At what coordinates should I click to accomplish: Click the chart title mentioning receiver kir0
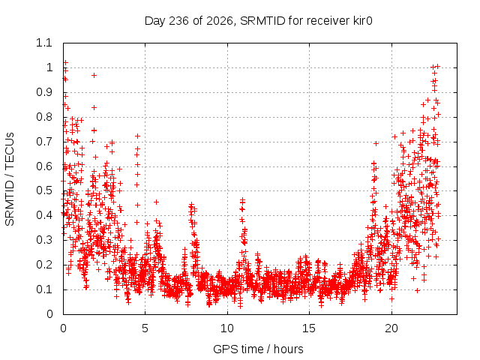pyautogui.click(x=258, y=21)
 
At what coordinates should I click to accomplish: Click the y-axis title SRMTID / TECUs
pyautogui.click(x=10, y=179)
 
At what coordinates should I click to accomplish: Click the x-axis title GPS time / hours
pyautogui.click(x=258, y=349)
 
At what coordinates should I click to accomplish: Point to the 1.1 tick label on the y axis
pyautogui.click(x=44, y=43)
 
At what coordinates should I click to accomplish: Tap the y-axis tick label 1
pyautogui.click(x=49, y=67)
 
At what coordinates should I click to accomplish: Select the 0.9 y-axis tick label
pyautogui.click(x=44, y=92)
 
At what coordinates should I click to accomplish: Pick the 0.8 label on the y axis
pyautogui.click(x=44, y=117)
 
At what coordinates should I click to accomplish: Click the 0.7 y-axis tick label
pyautogui.click(x=44, y=142)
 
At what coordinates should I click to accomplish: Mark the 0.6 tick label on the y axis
pyautogui.click(x=44, y=166)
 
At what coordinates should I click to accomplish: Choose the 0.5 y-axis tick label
pyautogui.click(x=44, y=190)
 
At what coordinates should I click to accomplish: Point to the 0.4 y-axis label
pyautogui.click(x=44, y=215)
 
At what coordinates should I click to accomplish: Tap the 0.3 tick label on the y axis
pyautogui.click(x=44, y=240)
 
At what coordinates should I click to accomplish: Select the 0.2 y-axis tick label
pyautogui.click(x=44, y=265)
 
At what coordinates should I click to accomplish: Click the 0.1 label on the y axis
pyautogui.click(x=44, y=289)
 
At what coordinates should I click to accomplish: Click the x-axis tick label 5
pyautogui.click(x=145, y=328)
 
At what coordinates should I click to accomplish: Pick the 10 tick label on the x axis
pyautogui.click(x=227, y=328)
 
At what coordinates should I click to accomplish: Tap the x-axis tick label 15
pyautogui.click(x=309, y=328)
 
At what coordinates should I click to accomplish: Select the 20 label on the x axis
pyautogui.click(x=391, y=328)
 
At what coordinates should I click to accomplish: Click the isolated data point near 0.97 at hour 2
pyautogui.click(x=94, y=75)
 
